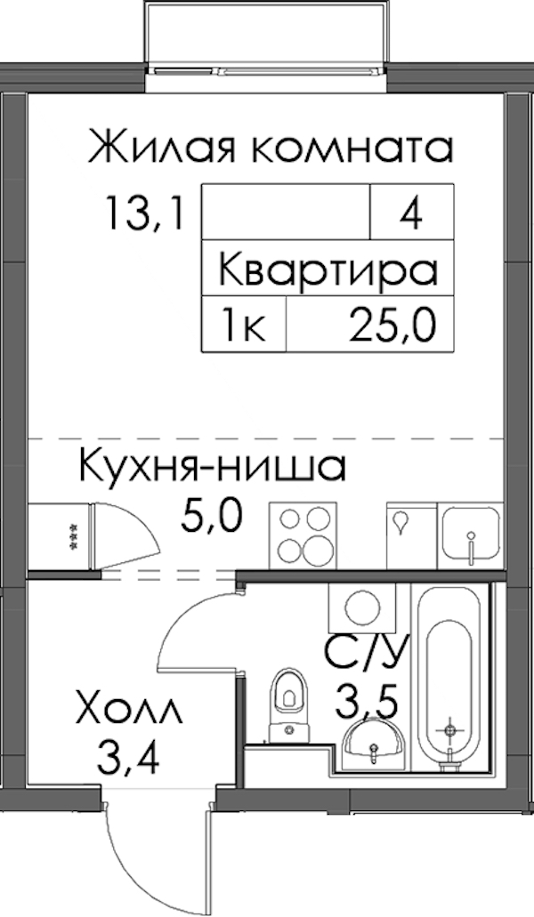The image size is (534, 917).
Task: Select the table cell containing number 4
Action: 412,211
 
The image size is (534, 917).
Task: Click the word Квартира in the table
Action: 328,269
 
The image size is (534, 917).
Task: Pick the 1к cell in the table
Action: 244,324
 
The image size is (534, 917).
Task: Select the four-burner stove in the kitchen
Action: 303,534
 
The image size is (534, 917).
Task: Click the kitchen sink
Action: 472,534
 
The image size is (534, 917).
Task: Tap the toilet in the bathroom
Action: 287,704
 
